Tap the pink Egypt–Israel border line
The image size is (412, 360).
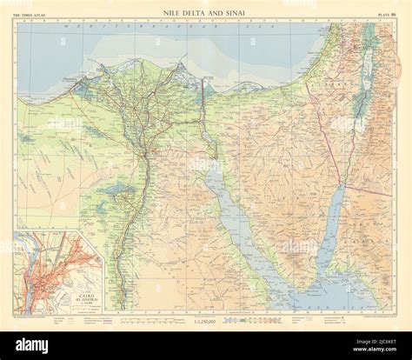click(x=326, y=139)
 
